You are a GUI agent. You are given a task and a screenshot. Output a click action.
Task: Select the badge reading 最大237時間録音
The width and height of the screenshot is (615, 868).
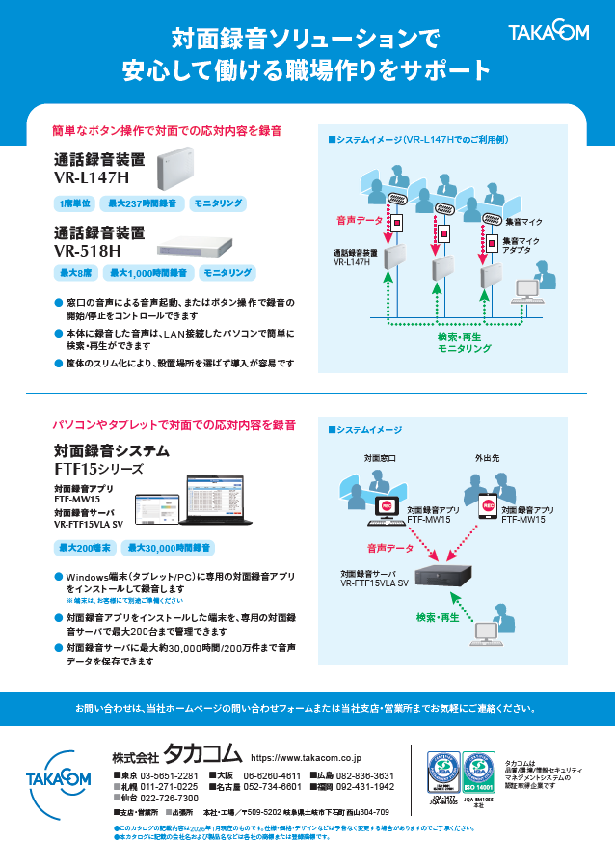pos(141,203)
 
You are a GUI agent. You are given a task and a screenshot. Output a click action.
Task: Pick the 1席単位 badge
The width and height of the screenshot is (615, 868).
pos(74,203)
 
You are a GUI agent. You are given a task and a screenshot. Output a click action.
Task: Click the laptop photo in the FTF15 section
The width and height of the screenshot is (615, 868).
pos(223,503)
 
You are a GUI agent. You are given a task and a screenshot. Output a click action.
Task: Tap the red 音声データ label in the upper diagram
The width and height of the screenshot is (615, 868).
pos(359,221)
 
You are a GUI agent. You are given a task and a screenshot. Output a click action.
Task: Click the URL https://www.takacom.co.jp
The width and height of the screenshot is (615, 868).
pos(306,759)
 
